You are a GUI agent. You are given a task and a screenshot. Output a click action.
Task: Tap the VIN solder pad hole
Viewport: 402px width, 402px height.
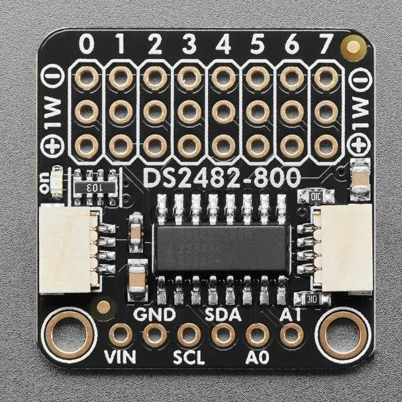[121, 334]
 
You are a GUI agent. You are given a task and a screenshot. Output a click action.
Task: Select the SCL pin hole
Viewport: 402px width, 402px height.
[189, 334]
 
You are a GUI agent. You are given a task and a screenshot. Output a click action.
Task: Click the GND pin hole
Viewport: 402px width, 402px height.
[155, 334]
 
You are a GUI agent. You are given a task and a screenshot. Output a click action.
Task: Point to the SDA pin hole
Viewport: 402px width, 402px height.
[223, 334]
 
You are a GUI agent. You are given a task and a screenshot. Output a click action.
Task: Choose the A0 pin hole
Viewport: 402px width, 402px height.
[257, 334]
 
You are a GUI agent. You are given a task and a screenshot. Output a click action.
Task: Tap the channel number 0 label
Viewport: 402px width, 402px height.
[86, 45]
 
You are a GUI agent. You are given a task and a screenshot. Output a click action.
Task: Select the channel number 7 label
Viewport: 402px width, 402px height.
[326, 45]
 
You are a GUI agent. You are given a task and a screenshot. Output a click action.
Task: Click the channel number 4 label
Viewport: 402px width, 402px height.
[223, 45]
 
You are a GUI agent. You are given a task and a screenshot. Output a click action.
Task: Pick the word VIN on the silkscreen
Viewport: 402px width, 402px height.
[120, 358]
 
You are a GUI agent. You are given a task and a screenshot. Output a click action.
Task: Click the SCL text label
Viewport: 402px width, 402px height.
[189, 358]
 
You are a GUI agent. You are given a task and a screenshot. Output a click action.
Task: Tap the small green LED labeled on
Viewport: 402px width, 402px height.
[57, 180]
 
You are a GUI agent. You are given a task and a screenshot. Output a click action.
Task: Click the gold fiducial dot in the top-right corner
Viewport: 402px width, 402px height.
[354, 46]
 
